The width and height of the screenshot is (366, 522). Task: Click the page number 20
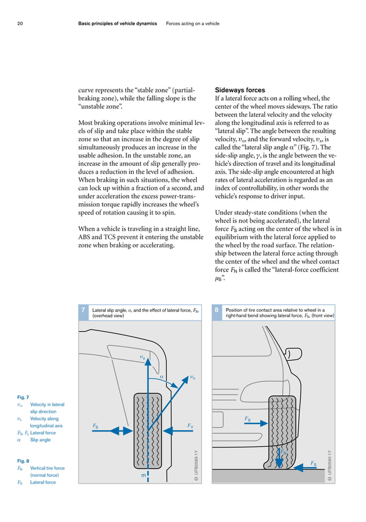click(20, 23)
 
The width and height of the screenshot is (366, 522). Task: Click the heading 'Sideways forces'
click(239, 90)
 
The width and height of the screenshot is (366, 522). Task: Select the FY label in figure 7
click(190, 425)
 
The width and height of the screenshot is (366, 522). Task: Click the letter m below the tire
click(143, 475)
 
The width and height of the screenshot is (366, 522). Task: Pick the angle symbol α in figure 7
click(162, 376)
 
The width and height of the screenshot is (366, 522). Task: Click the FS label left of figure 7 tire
click(96, 426)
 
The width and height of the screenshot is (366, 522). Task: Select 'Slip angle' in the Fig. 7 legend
click(40, 440)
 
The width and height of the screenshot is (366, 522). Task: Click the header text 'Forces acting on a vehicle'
click(193, 23)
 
